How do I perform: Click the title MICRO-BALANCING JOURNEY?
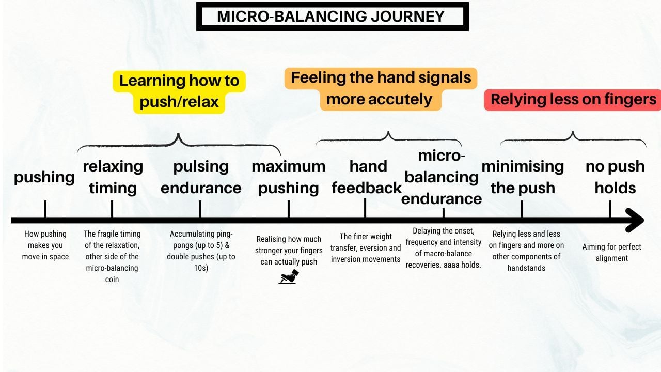(x=330, y=16)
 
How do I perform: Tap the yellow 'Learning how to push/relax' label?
(x=179, y=91)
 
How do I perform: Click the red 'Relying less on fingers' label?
(x=573, y=100)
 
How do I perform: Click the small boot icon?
(x=289, y=276)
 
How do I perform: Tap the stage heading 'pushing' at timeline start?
(x=44, y=178)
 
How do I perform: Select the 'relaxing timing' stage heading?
(x=113, y=177)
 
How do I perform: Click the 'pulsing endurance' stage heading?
(x=201, y=177)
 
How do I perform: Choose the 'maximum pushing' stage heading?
(x=288, y=177)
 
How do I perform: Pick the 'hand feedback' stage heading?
(x=367, y=177)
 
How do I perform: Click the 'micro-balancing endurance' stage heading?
(x=442, y=177)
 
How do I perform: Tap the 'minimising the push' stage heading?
(x=523, y=177)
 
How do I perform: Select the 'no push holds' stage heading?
(x=615, y=177)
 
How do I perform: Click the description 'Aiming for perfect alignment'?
(x=612, y=253)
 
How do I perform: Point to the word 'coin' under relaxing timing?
(x=112, y=280)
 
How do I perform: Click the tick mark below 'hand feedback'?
(x=365, y=208)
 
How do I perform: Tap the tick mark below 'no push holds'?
(x=610, y=209)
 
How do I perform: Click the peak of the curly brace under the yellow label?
(x=178, y=134)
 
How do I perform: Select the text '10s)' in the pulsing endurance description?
(x=201, y=268)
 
